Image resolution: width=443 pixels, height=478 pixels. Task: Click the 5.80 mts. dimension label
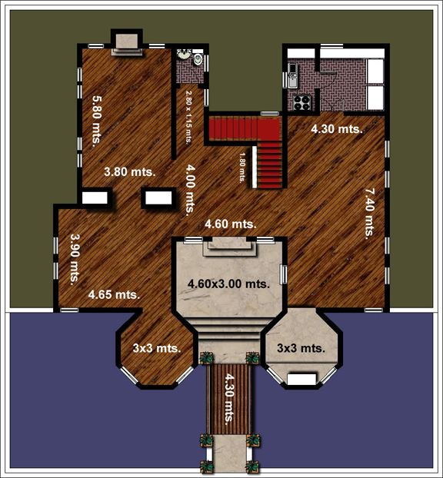click(97, 121)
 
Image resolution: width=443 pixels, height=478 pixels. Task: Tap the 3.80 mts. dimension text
click(130, 172)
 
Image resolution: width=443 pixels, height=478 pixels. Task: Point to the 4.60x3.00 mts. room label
click(229, 284)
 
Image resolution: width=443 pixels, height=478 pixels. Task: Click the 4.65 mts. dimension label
click(114, 295)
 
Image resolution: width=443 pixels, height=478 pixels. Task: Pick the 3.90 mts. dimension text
click(75, 260)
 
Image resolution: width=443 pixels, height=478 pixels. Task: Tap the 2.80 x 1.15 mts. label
click(189, 118)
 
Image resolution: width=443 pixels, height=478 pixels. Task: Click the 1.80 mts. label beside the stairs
click(242, 168)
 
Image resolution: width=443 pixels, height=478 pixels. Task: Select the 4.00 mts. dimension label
click(190, 190)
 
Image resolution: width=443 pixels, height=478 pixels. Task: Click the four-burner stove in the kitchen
click(301, 102)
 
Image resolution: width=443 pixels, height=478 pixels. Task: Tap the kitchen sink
click(292, 75)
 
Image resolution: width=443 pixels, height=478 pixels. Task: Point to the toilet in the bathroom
click(198, 58)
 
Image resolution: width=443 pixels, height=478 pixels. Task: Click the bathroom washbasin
click(183, 55)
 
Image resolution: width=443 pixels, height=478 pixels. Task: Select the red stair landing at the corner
click(268, 129)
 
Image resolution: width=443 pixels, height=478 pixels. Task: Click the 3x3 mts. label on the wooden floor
click(157, 348)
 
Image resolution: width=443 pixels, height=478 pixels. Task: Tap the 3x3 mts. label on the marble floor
click(301, 348)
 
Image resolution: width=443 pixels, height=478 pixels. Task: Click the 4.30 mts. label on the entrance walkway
click(229, 399)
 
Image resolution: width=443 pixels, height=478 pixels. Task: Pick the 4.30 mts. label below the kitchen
click(337, 129)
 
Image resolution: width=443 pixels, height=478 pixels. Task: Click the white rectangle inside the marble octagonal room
click(301, 380)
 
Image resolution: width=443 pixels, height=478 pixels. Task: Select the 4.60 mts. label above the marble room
click(231, 224)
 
